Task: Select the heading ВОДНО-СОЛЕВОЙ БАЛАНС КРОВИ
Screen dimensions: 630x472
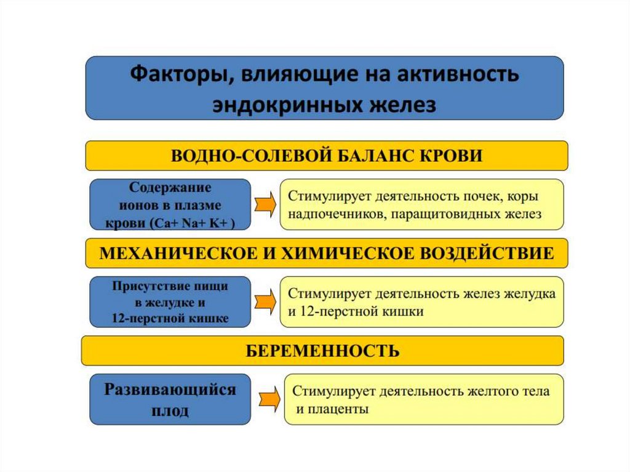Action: tap(326, 156)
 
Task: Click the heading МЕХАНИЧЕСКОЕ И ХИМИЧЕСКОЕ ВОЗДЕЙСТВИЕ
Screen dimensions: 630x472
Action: tap(326, 253)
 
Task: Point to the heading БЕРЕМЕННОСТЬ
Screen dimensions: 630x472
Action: tap(322, 351)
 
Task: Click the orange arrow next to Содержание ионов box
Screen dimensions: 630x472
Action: tap(265, 205)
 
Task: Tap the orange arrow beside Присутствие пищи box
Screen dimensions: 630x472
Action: tap(265, 302)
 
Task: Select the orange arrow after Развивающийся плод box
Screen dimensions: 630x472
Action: tap(268, 399)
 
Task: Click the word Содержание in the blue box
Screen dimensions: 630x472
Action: tap(170, 188)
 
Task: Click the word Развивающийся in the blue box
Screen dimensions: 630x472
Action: tap(170, 390)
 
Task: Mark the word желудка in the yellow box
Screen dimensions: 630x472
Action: tap(535, 294)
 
